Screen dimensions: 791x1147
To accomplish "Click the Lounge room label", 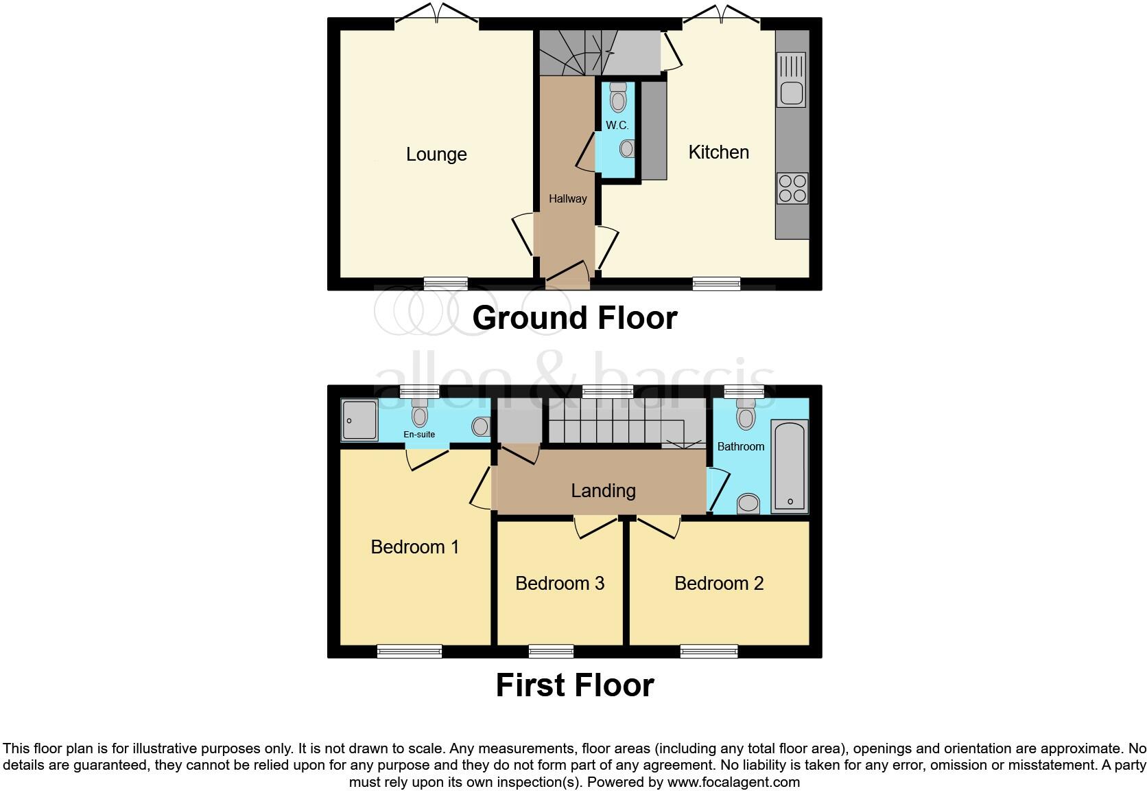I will point(436,154).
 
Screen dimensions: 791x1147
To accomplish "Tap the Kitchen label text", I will point(718,152).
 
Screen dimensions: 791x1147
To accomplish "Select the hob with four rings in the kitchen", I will point(792,188).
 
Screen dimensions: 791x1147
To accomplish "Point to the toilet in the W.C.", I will point(618,97).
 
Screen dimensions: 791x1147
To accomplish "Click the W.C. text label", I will point(617,126).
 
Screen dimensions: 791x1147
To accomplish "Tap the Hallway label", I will point(567,199).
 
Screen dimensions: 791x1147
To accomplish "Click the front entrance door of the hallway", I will point(568,277).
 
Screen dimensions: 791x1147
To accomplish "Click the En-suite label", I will point(419,435).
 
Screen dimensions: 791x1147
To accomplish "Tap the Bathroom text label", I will point(740,447).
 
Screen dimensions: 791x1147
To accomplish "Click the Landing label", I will point(603,491).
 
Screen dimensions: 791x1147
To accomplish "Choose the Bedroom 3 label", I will point(559,584).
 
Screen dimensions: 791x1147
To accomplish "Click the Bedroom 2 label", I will point(718,584).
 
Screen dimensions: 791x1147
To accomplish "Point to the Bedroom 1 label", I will point(414,547).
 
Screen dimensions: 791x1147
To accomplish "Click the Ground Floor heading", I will point(574,318).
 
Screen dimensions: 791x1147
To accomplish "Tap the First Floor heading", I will point(574,685).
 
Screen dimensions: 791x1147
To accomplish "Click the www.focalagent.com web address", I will point(733,782).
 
